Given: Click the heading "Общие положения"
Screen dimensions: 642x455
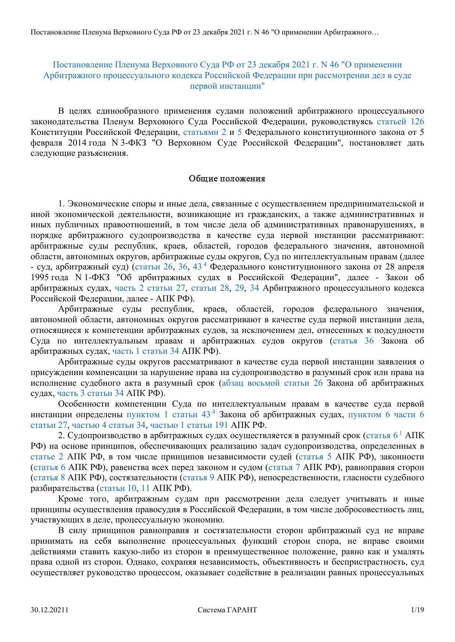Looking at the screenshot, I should coord(227,179).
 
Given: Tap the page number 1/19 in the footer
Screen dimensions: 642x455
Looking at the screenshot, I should coord(418,610).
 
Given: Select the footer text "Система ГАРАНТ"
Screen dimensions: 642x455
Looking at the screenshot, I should coord(227,610).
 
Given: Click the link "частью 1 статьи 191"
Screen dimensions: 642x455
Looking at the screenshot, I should coord(189,425).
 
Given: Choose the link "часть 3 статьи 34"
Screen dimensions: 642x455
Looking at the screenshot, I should coord(91,393).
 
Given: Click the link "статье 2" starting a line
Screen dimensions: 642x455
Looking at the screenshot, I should coord(47,457).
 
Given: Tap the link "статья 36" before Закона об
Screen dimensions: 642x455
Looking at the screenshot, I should coord(353,341).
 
